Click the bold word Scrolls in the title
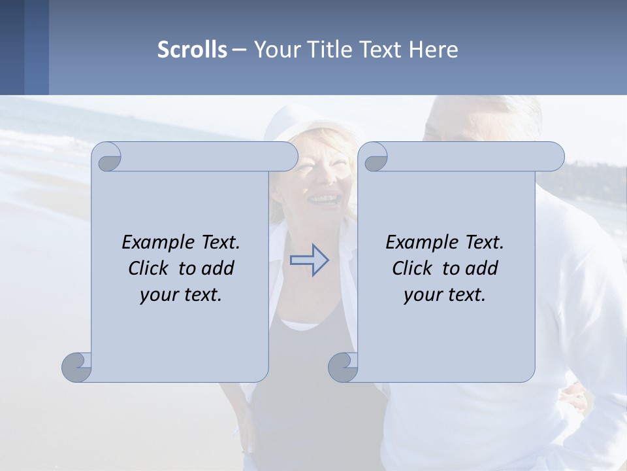point(192,50)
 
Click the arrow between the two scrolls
point(310,260)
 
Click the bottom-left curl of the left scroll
point(77,367)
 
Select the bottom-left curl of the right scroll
point(343,367)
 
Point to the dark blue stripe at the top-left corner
point(12,47)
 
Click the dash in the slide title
point(240,50)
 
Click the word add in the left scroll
point(218,268)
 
